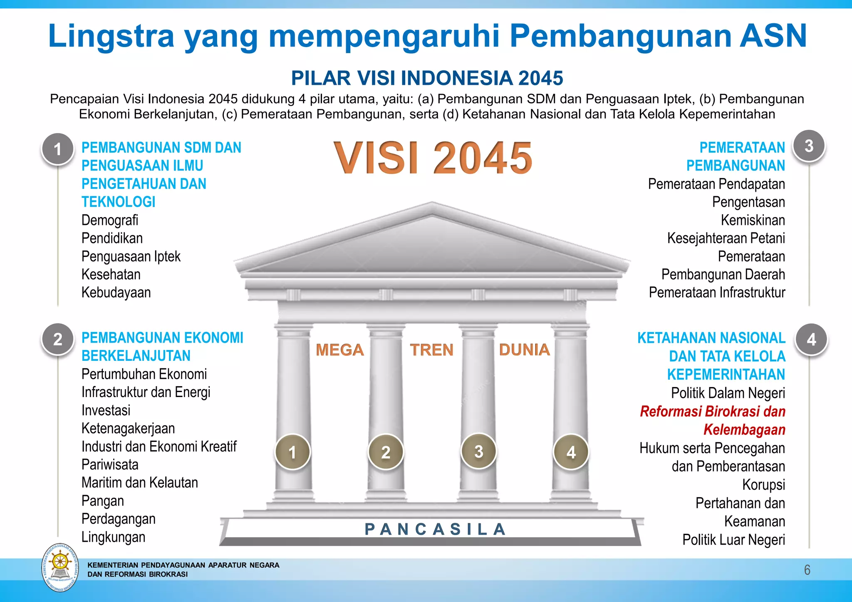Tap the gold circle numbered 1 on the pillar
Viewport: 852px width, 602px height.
click(x=292, y=452)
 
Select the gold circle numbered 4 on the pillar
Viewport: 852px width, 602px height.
click(x=571, y=452)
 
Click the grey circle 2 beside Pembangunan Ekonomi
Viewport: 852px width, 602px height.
click(x=58, y=339)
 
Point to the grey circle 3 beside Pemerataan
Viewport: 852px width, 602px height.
click(x=809, y=146)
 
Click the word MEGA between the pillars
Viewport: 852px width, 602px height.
click(x=339, y=350)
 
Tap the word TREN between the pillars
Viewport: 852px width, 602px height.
click(x=431, y=350)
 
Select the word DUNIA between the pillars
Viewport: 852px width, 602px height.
click(x=524, y=350)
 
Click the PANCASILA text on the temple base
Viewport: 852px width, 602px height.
click(x=435, y=529)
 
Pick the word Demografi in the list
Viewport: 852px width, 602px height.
click(x=110, y=220)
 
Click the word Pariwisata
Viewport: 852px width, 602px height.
click(x=110, y=464)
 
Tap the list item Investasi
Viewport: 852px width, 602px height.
click(x=106, y=410)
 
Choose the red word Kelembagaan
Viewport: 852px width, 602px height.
click(x=744, y=429)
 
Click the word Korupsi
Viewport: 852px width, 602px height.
click(x=764, y=485)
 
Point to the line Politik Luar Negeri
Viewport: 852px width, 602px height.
click(x=733, y=540)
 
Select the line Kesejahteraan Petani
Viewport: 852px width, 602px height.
click(x=726, y=238)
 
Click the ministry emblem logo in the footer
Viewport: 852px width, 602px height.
click(x=60, y=567)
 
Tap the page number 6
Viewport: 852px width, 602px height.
click(x=807, y=570)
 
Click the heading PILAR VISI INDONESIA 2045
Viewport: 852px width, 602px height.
click(x=427, y=78)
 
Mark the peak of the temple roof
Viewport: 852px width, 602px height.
click(x=432, y=203)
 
